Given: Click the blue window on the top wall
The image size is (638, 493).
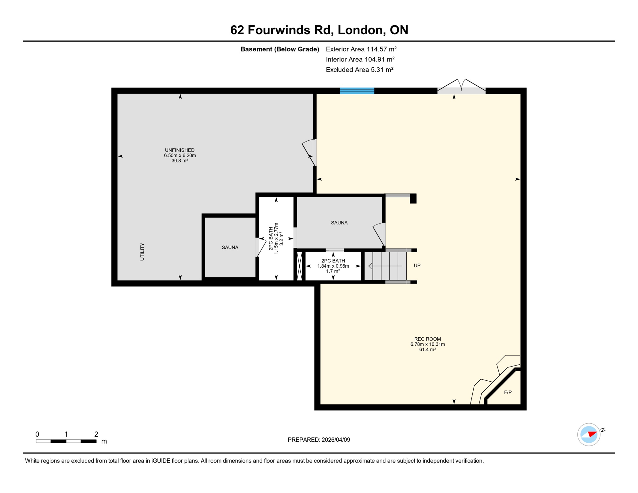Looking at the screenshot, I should (357, 91).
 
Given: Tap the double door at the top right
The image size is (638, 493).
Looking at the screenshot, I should (461, 87).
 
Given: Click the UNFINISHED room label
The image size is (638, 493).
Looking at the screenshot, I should (180, 150).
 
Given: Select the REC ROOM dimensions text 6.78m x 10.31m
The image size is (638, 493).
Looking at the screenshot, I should (427, 344).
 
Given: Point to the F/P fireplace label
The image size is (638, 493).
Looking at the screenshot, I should (508, 392).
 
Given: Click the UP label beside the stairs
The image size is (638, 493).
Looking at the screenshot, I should (417, 265).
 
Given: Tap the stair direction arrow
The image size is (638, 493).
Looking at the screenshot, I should (385, 266).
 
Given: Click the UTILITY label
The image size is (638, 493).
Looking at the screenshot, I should (142, 252).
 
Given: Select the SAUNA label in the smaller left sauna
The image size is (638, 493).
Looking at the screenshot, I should (230, 247).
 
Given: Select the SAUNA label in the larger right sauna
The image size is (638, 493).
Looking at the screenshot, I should (339, 223).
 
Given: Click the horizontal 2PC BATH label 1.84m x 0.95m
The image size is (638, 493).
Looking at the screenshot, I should (333, 266).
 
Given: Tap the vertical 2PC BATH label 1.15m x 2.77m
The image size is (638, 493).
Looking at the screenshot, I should (276, 239).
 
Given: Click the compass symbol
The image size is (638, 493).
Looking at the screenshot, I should (589, 435).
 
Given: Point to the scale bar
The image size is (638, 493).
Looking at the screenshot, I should (66, 441).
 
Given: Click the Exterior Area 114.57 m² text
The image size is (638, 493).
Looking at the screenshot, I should (361, 49).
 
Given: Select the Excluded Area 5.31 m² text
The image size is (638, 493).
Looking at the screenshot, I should (359, 70).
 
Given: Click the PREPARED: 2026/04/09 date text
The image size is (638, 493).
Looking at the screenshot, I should (319, 440).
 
